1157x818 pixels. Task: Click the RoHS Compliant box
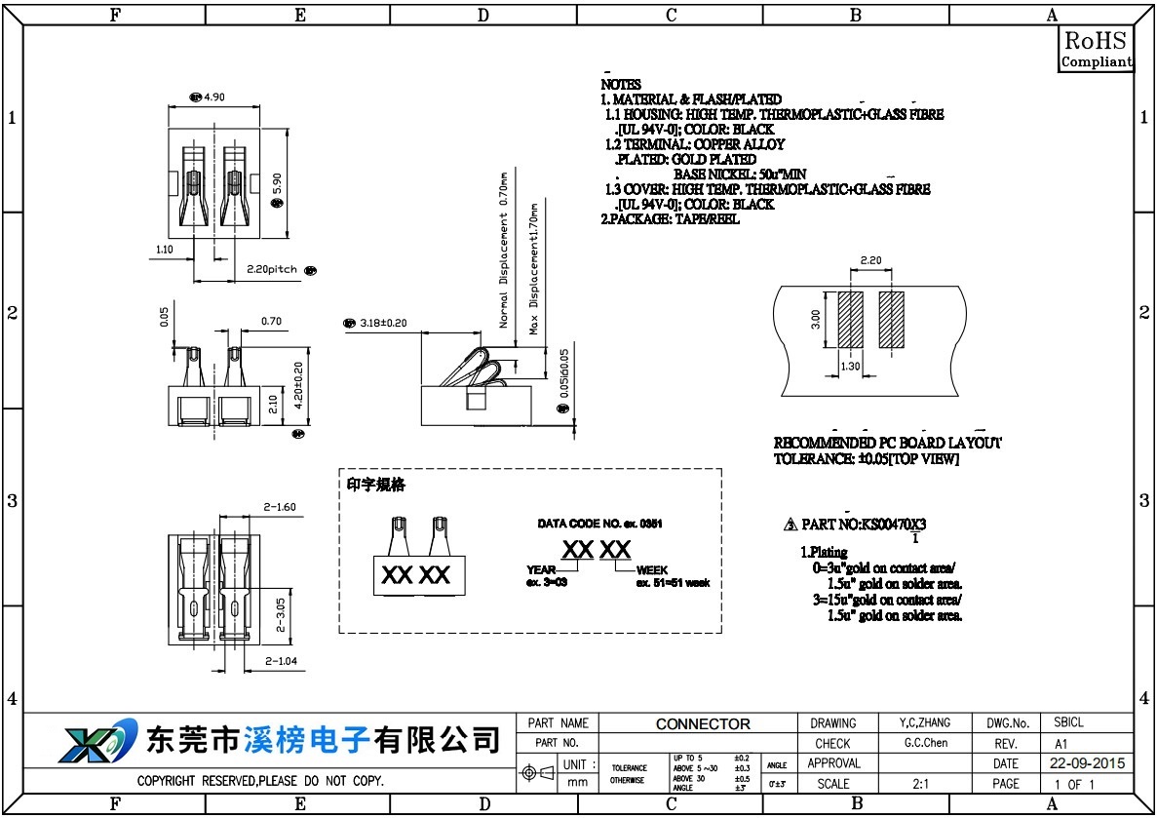[x=1097, y=49]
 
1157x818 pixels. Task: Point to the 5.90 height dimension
[x=277, y=181]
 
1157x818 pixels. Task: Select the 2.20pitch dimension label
[x=271, y=269]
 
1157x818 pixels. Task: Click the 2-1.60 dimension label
[x=280, y=507]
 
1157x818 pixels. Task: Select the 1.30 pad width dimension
[x=850, y=367]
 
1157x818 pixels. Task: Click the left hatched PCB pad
[x=850, y=319]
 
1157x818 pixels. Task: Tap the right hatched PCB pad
[x=891, y=319]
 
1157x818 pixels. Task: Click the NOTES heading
[x=621, y=85]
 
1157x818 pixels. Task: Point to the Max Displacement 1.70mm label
[x=534, y=269]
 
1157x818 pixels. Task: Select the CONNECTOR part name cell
[x=703, y=724]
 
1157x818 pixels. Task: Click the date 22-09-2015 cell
[x=1087, y=763]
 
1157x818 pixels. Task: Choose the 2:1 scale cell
[x=919, y=783]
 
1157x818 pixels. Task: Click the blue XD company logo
[x=90, y=744]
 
